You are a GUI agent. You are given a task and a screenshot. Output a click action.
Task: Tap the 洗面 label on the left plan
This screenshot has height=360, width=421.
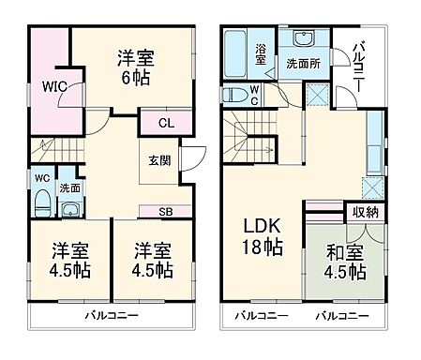pos(68,187)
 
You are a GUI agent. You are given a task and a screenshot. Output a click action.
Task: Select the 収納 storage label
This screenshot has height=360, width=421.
pos(366,212)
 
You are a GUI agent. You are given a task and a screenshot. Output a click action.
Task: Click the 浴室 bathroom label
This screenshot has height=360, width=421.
pos(260,52)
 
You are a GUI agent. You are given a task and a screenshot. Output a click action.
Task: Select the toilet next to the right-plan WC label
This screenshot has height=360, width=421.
pos(234,94)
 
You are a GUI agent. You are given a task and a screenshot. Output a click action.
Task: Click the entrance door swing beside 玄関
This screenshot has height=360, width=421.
pos(193,160)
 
